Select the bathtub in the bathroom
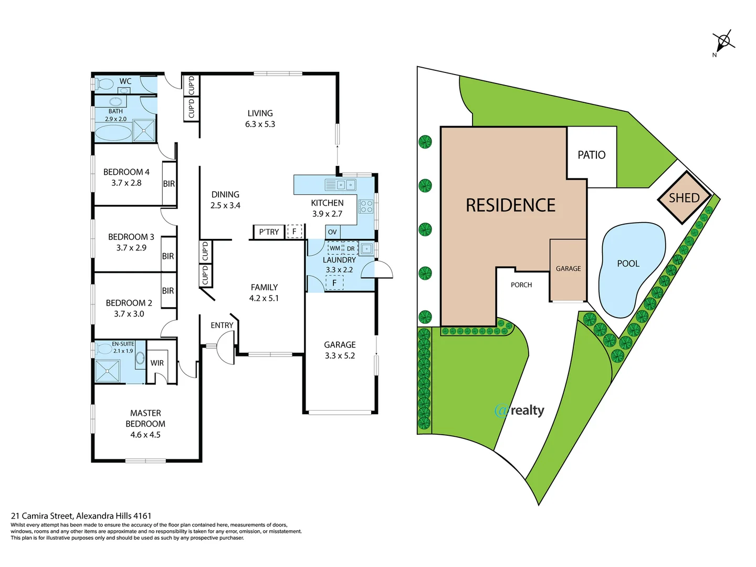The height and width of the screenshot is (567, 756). point(113,132)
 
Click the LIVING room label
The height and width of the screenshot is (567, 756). point(260,113)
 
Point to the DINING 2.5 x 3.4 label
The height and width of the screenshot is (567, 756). point(225,200)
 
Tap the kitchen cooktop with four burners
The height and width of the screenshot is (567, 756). point(366,206)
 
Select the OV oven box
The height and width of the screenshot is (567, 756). point(332,232)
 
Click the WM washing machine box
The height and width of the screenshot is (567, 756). point(335,248)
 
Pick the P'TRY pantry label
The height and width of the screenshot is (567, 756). point(269,232)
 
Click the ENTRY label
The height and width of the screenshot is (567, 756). point(222,325)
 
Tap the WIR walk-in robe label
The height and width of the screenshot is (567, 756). point(157,363)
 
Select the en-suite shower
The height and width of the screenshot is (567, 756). point(108,371)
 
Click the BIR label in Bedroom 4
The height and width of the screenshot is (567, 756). point(169,184)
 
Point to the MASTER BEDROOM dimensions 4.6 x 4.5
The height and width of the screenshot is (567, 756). point(145,435)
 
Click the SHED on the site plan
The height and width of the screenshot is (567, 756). point(684,198)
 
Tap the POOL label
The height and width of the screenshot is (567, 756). point(628,264)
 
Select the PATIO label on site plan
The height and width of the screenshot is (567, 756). point(591,155)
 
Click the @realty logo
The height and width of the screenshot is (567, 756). point(519,410)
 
